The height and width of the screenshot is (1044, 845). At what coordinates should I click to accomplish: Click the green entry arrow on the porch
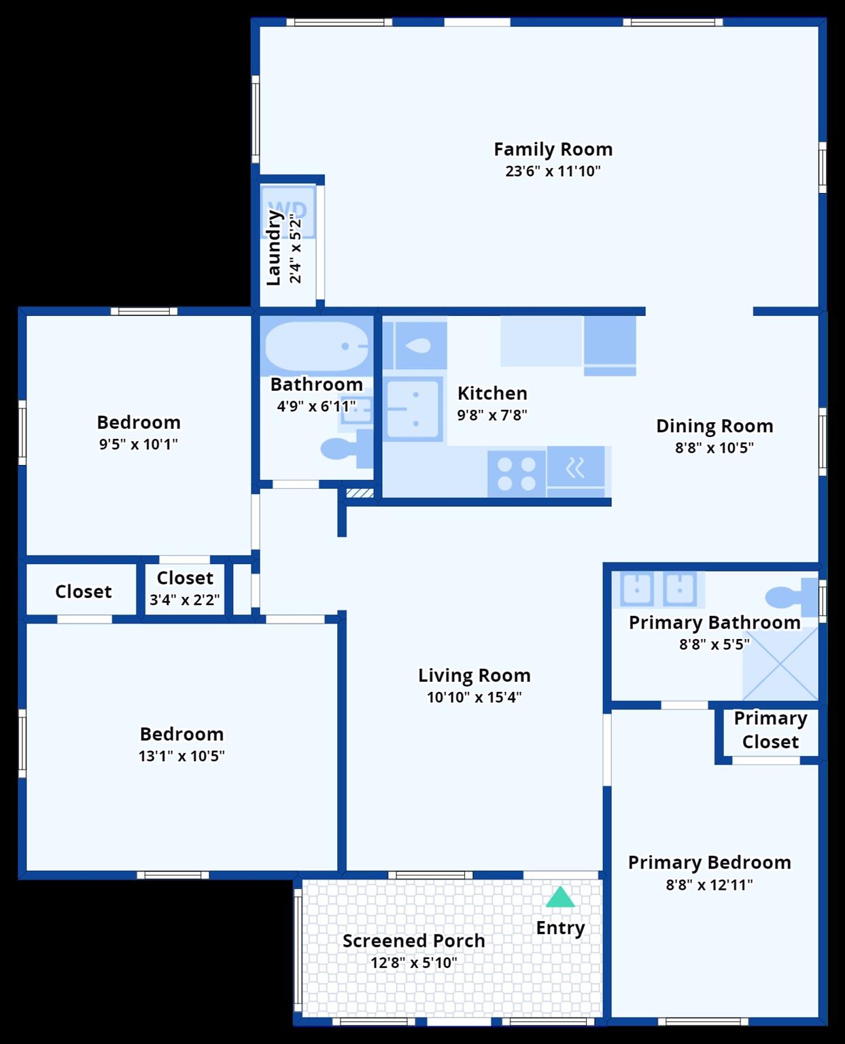pos(559,897)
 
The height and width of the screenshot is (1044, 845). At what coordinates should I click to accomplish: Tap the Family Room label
pos(553,149)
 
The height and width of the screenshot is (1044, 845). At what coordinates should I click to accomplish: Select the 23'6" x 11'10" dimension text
pos(553,171)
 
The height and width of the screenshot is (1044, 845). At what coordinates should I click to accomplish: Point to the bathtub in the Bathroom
pos(317,346)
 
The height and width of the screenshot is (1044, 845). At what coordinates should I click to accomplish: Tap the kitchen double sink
pos(413,408)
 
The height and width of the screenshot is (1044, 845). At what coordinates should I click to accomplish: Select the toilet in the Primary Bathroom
pos(791,597)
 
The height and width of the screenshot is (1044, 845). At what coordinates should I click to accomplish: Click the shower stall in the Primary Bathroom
pos(780,663)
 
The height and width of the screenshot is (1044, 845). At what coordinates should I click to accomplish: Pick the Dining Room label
pos(714,426)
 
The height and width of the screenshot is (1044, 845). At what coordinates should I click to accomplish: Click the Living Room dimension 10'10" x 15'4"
pos(474,697)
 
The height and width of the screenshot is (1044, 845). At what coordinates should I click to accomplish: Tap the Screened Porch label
pos(414,941)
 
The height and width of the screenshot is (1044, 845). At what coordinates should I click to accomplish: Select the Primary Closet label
pos(770,730)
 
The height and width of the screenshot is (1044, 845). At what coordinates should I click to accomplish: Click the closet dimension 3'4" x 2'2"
pos(185,599)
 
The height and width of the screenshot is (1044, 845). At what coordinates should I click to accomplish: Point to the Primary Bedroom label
pos(709,862)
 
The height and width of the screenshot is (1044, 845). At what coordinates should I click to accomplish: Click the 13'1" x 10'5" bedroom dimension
pos(182,756)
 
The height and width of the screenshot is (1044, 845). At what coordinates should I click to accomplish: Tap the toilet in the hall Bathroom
pos(346,449)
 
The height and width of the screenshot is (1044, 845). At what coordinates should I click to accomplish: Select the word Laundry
pos(273,248)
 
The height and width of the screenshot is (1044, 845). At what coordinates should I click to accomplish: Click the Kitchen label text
pos(492,393)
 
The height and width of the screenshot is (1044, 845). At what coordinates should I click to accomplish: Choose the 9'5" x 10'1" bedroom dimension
pos(138,444)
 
